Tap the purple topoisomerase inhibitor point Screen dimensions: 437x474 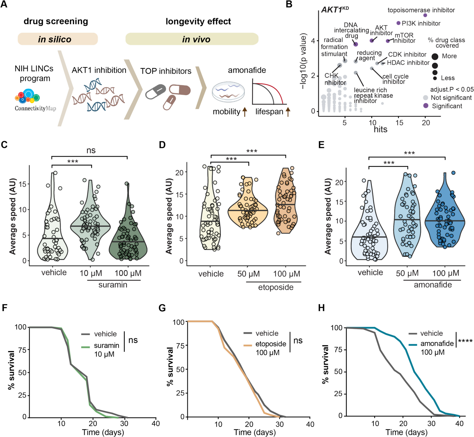pos(425,15)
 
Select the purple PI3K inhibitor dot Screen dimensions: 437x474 pos(398,23)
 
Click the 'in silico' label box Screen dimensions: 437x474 pos(58,39)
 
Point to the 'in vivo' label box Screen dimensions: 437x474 pos(192,39)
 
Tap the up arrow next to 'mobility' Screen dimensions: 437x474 pos(245,112)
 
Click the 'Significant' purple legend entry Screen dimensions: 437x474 pos(426,106)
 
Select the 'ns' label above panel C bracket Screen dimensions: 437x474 pos(91,150)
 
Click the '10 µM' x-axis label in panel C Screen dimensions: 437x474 pos(91,273)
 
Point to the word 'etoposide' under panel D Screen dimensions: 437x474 pos(276,287)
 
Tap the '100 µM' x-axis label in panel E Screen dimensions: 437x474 pos(446,273)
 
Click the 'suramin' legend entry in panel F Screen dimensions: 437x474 pos(106,346)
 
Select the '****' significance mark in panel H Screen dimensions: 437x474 pos(465,341)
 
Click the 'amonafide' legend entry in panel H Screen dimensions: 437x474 pos(437,344)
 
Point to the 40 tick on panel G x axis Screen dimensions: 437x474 pos(310,424)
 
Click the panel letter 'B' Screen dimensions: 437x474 pos(289,4)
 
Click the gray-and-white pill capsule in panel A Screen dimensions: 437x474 pos(156,92)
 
